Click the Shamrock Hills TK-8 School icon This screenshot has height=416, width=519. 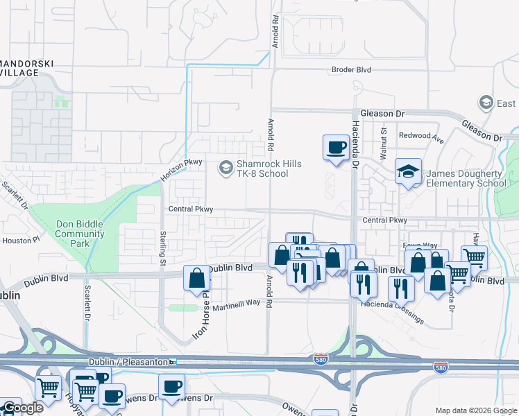point(226,167)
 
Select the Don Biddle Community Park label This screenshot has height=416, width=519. point(79,234)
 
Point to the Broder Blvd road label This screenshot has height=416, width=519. point(352,70)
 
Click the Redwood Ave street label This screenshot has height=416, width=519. point(420,136)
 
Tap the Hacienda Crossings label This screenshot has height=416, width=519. point(391,308)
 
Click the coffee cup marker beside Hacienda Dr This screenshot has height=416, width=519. point(336,148)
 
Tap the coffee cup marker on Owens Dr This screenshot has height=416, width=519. point(171,386)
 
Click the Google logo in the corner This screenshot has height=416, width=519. point(23,408)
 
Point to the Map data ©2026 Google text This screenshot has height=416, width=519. point(475,410)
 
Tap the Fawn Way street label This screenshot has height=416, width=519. point(420,246)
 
